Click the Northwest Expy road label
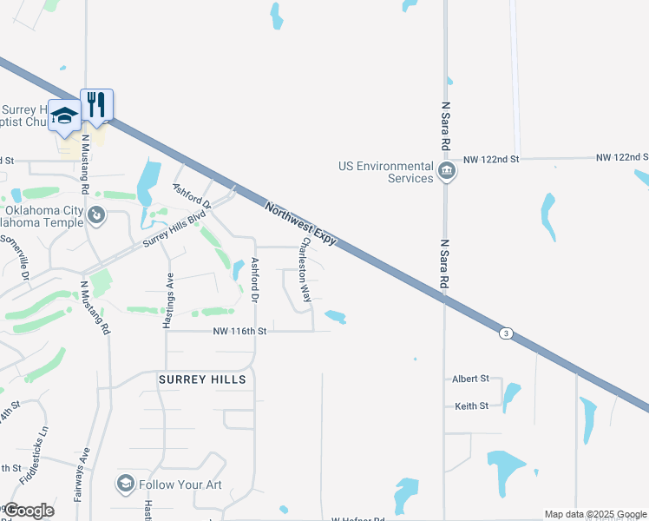[x=300, y=222]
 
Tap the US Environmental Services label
[x=386, y=172]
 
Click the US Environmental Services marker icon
[x=446, y=171]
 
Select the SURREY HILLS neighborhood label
[x=202, y=379]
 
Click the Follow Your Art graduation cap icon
[x=125, y=483]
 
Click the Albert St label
[x=471, y=379]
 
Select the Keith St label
[x=472, y=406]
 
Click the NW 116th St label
[x=239, y=332]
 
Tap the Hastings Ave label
[x=169, y=300]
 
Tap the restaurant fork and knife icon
[x=97, y=106]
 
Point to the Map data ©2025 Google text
[x=596, y=515]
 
